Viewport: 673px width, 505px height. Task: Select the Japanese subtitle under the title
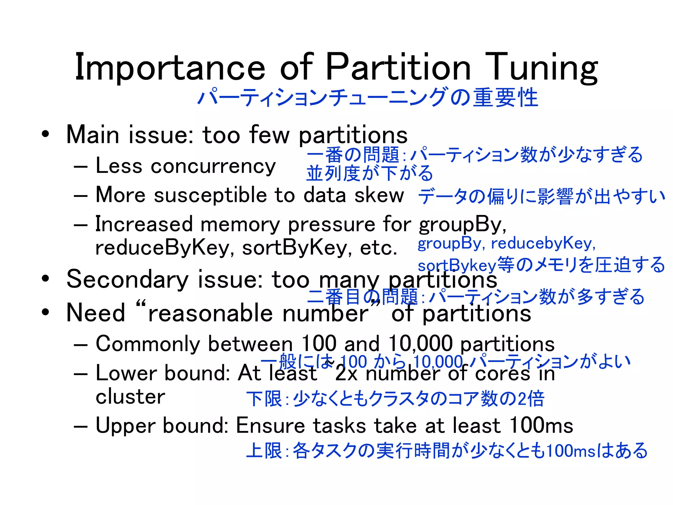pos(367,98)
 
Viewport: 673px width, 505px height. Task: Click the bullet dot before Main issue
pos(45,134)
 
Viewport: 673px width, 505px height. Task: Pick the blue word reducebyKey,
pos(543,244)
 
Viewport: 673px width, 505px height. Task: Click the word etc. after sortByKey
pos(379,248)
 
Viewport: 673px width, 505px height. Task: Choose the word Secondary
pos(128,279)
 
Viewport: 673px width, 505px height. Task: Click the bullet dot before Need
pos(45,313)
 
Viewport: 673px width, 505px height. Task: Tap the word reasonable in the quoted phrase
pos(211,313)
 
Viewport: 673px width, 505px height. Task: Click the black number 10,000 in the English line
pos(421,344)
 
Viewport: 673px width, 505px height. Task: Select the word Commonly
pos(148,344)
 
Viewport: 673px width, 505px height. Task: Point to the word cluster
pos(130,397)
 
